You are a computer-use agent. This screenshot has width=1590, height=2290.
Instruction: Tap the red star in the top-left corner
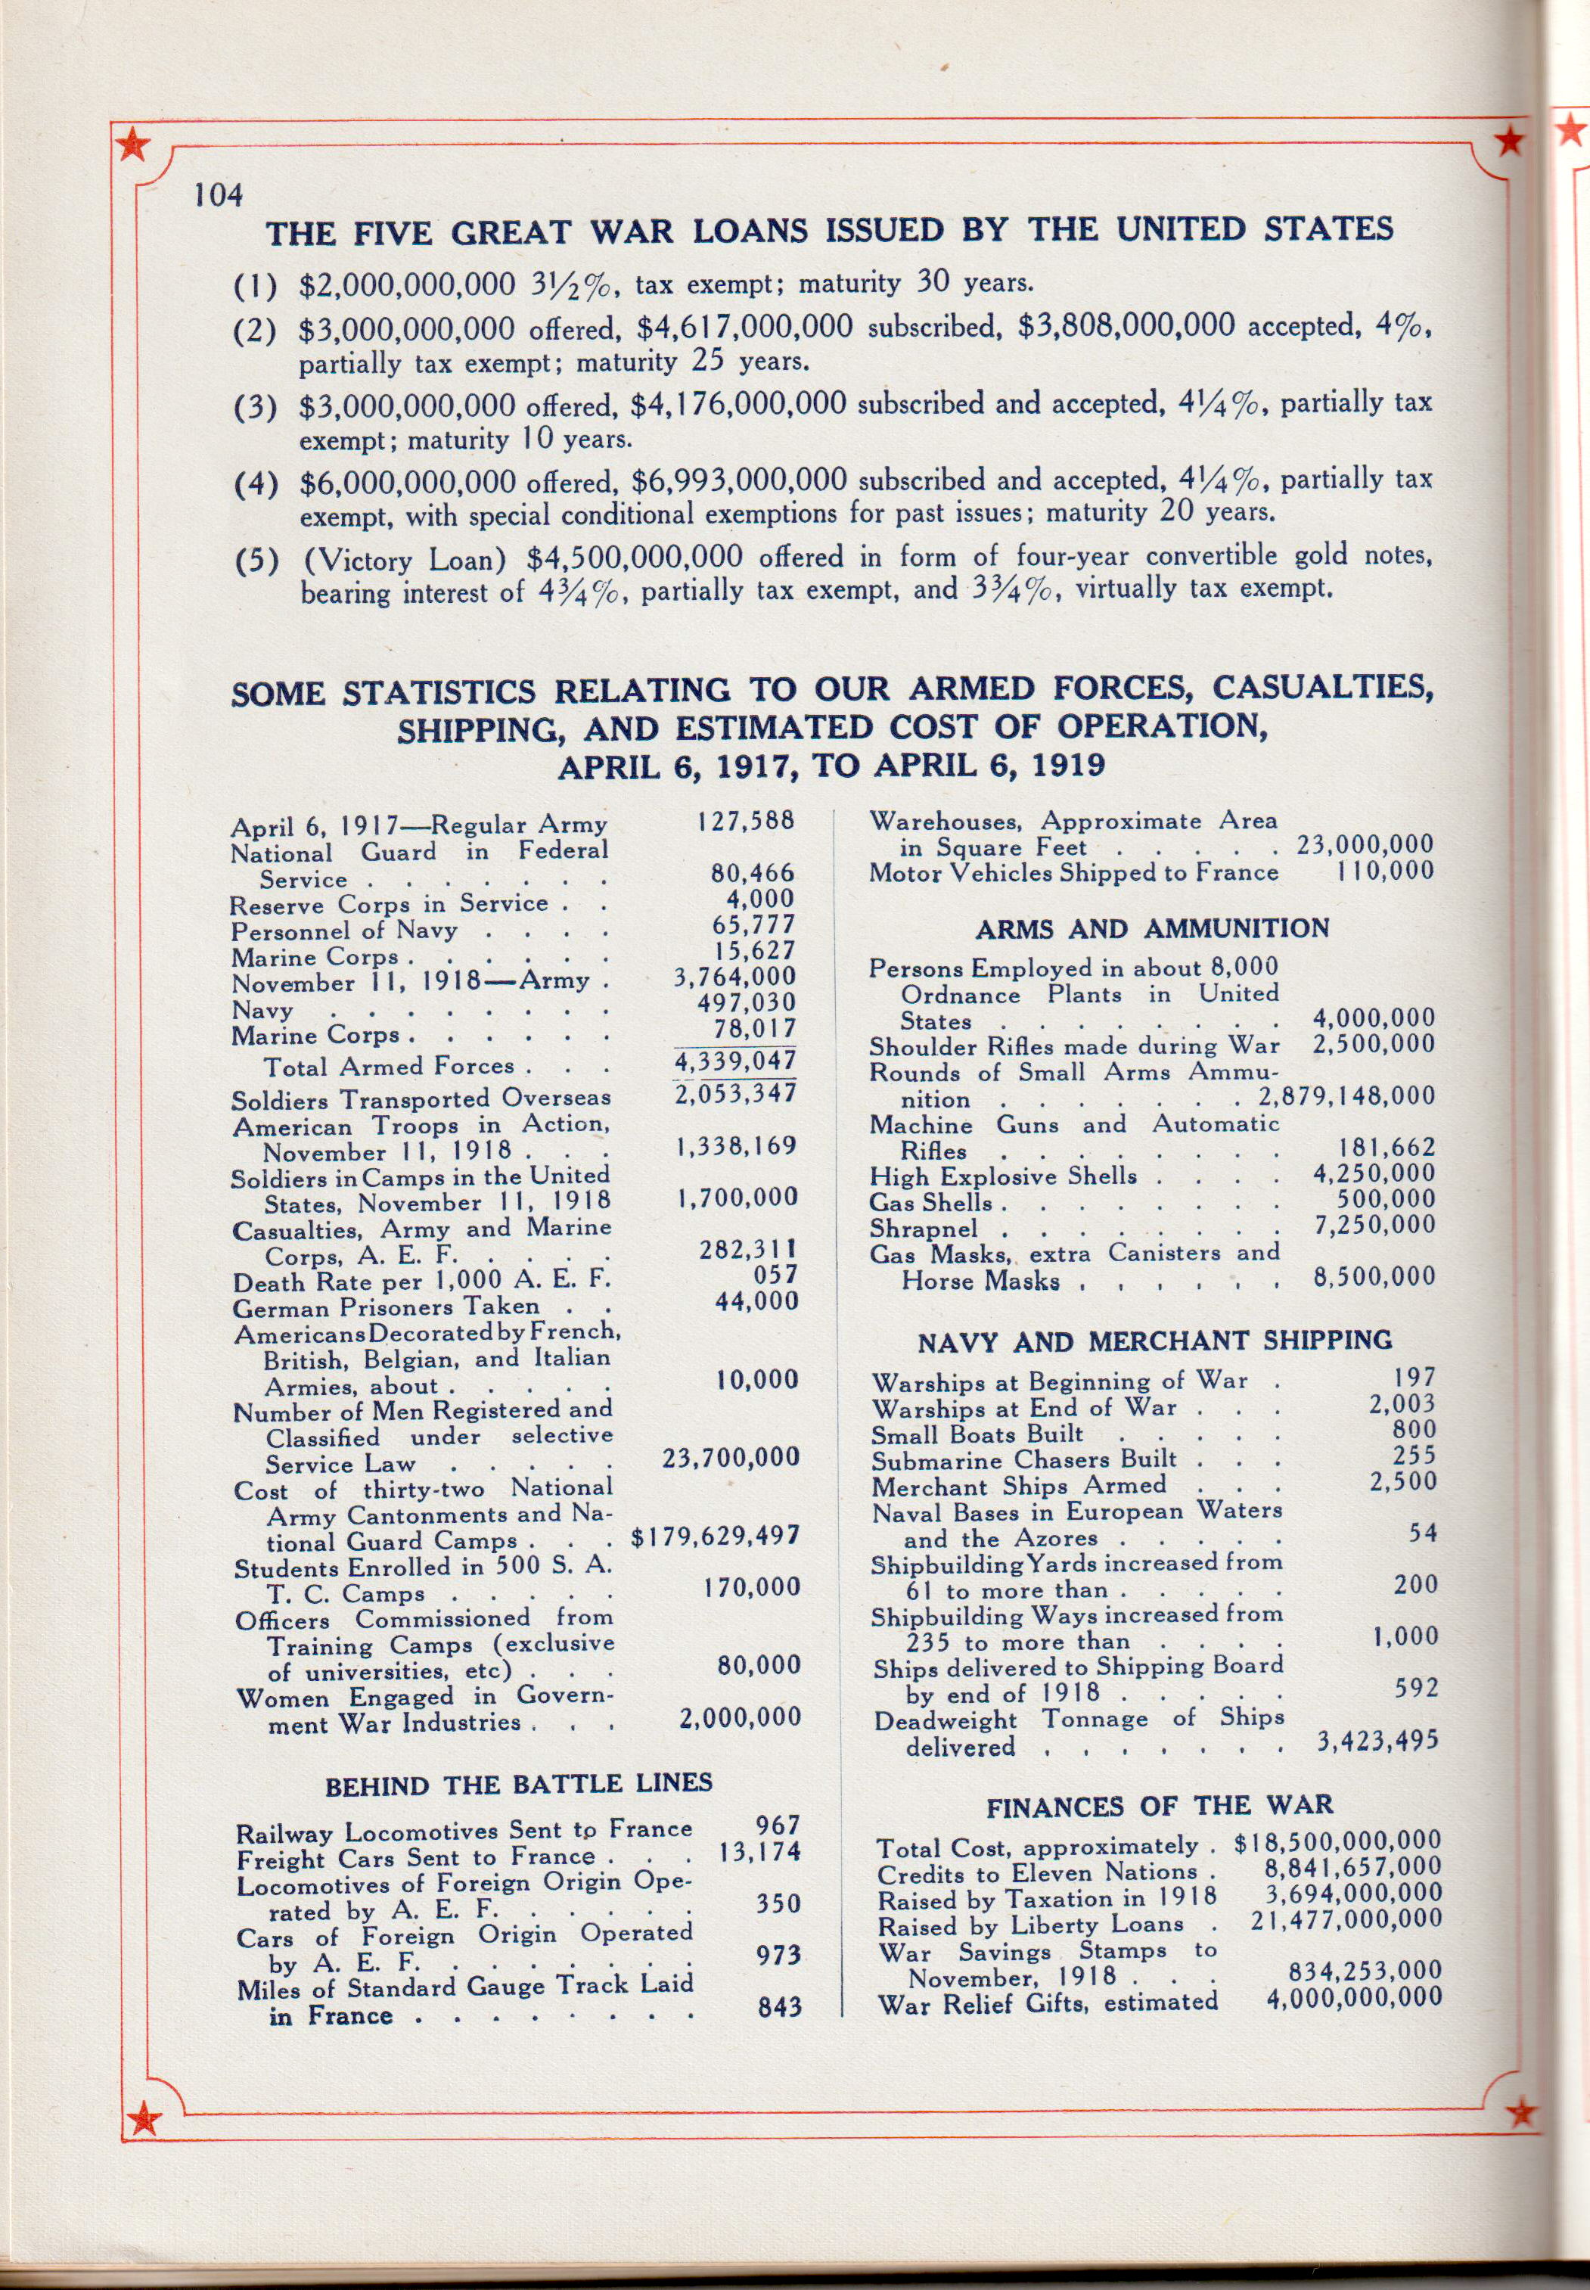point(132,148)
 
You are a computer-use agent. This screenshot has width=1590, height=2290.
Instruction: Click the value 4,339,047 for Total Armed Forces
point(735,1060)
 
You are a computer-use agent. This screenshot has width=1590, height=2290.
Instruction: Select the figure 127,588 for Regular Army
point(745,821)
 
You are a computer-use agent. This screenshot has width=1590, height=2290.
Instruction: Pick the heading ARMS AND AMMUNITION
point(1152,928)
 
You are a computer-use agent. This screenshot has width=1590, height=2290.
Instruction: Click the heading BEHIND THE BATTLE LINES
point(518,1783)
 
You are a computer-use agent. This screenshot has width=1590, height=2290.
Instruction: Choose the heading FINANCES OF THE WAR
point(1160,1806)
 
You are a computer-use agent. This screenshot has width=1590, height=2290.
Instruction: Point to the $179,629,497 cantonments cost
point(716,1536)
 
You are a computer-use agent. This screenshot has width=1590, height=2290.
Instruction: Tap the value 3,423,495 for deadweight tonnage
point(1377,1740)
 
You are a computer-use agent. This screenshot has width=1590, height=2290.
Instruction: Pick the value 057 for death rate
point(775,1275)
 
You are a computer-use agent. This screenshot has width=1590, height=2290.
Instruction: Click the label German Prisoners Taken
point(386,1306)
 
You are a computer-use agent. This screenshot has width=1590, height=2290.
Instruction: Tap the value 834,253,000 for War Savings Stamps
point(1362,1970)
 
